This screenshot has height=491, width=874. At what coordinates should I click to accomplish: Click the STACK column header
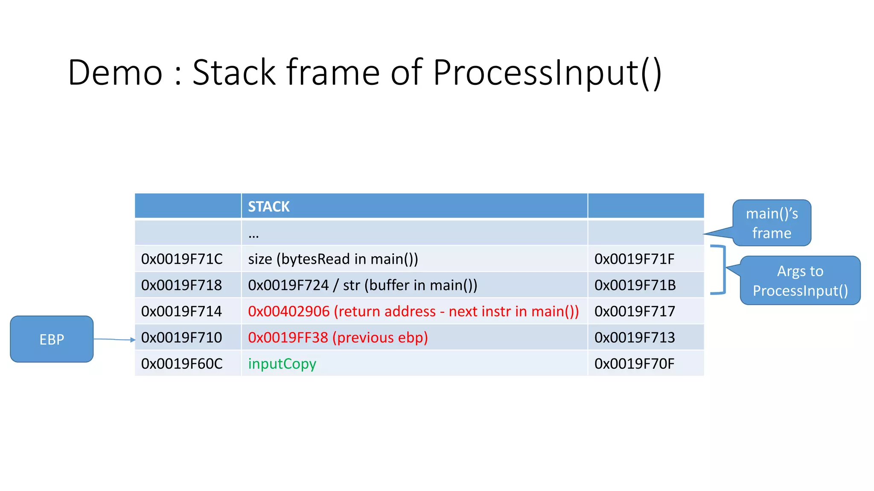tap(269, 207)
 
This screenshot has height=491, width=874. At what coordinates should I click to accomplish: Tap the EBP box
tap(52, 339)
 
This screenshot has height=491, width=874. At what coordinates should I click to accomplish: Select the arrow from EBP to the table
tap(114, 339)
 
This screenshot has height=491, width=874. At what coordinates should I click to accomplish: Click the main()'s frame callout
tap(772, 223)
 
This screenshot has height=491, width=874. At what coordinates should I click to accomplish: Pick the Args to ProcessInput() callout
tap(800, 281)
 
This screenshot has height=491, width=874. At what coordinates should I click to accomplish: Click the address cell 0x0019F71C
tap(182, 259)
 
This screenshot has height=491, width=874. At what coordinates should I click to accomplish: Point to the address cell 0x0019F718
tap(181, 285)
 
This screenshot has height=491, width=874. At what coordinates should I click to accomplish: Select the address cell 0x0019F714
tap(181, 312)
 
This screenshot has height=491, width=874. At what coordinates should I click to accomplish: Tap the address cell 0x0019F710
tap(181, 338)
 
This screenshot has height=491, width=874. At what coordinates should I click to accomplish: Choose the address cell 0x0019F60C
tap(182, 364)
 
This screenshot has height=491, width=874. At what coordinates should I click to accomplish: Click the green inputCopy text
tap(282, 364)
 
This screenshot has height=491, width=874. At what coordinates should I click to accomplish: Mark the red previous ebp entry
tap(338, 338)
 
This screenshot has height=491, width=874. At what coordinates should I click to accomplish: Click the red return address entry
tap(413, 312)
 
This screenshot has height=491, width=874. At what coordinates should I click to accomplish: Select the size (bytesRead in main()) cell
tap(333, 259)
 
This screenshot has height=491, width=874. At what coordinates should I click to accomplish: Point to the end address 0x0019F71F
tap(634, 259)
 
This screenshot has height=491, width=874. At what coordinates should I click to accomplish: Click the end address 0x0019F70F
tap(634, 364)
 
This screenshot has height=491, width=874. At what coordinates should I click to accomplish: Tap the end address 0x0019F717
tap(635, 312)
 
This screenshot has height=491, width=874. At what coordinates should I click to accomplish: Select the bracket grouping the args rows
tap(723, 270)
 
